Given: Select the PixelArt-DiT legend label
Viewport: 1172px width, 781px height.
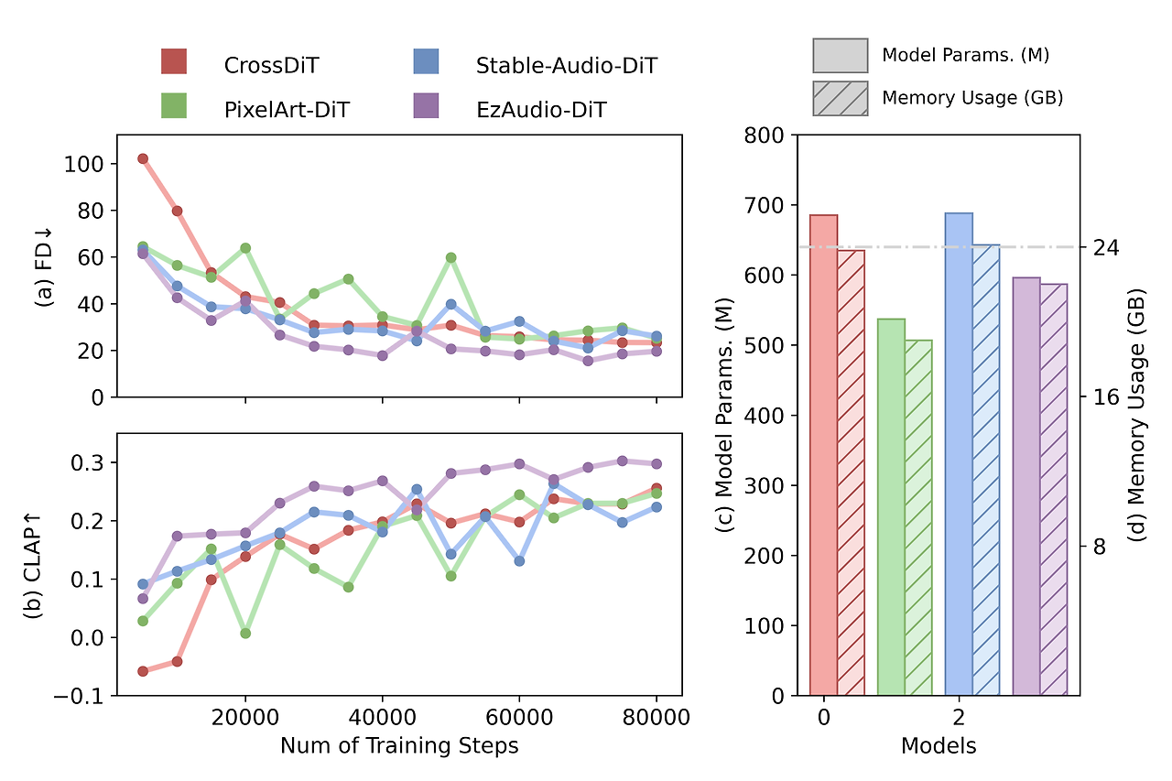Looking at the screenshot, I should pos(287,110).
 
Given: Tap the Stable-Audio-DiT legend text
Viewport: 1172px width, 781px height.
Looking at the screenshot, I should pos(566,65).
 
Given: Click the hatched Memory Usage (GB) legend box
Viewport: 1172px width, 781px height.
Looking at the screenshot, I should pos(840,98).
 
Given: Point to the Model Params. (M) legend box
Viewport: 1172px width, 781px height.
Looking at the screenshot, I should pos(840,55).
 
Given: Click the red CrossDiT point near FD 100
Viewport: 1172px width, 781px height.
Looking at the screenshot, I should pos(143,158).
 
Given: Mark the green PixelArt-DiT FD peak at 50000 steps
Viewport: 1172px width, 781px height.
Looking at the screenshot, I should pos(451,257).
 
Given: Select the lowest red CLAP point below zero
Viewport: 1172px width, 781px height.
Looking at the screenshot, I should pos(143,671).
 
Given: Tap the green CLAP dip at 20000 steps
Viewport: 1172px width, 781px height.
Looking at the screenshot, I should pos(245,634).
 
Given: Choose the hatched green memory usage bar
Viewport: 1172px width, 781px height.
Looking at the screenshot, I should pos(918,517).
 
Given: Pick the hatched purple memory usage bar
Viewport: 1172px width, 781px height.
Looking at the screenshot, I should pos(1054,490).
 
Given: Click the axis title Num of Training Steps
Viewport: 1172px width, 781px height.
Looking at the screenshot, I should pos(399,746).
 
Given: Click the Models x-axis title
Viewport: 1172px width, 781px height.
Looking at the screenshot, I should pos(939,746).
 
